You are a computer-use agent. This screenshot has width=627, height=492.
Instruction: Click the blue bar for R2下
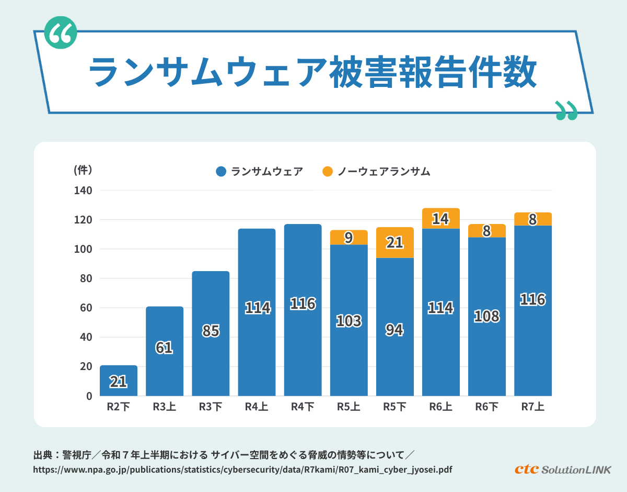coord(119,381)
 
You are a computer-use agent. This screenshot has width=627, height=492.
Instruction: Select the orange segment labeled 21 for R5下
coord(395,243)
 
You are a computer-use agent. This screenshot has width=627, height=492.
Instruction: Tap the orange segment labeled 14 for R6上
coord(441,218)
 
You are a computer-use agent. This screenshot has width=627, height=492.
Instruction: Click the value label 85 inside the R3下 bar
coord(211,331)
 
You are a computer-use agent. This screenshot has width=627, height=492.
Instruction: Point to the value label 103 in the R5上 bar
coord(349,320)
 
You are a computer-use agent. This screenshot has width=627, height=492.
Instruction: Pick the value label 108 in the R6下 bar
coord(487,316)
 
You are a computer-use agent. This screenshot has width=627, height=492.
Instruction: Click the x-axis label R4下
coord(303,407)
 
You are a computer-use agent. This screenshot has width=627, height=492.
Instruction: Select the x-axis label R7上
coord(533,407)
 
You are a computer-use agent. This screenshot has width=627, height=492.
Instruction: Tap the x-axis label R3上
coord(165,407)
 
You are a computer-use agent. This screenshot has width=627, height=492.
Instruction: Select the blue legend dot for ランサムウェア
coord(221,171)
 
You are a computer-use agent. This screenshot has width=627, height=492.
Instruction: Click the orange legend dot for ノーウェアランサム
coord(328,171)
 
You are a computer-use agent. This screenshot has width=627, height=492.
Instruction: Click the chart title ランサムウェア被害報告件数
coord(312,72)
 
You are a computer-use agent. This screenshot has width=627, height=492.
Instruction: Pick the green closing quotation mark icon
coord(566,110)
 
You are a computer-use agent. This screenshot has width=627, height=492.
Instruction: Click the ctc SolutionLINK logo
coord(562,469)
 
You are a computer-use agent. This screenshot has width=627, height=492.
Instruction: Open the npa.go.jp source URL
coord(242,469)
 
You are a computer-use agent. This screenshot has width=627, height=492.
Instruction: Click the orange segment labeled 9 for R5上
coord(349,238)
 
